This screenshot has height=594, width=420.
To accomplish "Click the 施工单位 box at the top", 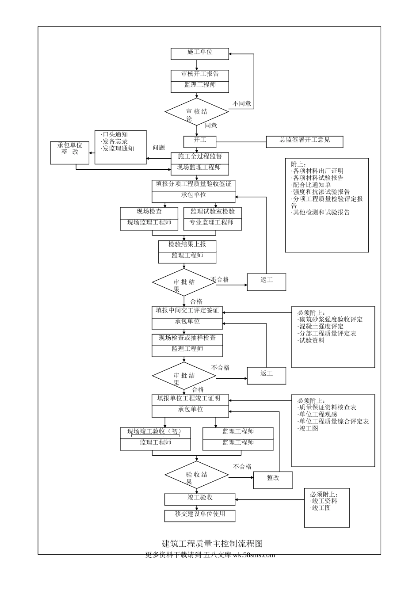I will [200, 53].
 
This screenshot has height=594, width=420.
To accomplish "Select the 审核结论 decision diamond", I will [197, 112].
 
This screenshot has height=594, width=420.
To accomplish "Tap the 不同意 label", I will [242, 104].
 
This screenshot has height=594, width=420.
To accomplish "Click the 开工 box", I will [200, 141].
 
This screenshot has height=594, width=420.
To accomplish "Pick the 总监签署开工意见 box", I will [305, 141].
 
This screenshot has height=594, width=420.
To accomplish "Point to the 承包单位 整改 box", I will [69, 152].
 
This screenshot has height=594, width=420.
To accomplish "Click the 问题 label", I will [159, 148].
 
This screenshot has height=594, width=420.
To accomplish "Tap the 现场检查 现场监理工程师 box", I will [149, 219].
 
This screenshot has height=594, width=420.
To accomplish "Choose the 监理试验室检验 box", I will [213, 219].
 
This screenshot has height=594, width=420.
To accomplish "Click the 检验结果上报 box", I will [187, 251].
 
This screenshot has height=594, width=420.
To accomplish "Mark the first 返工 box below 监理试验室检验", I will [267, 282].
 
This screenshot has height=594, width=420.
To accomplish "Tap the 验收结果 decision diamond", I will [197, 475].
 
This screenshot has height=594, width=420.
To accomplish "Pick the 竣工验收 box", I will [200, 499].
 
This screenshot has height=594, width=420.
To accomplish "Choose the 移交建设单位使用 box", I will [200, 516].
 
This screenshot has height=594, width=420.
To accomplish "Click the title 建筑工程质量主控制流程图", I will [213, 543].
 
